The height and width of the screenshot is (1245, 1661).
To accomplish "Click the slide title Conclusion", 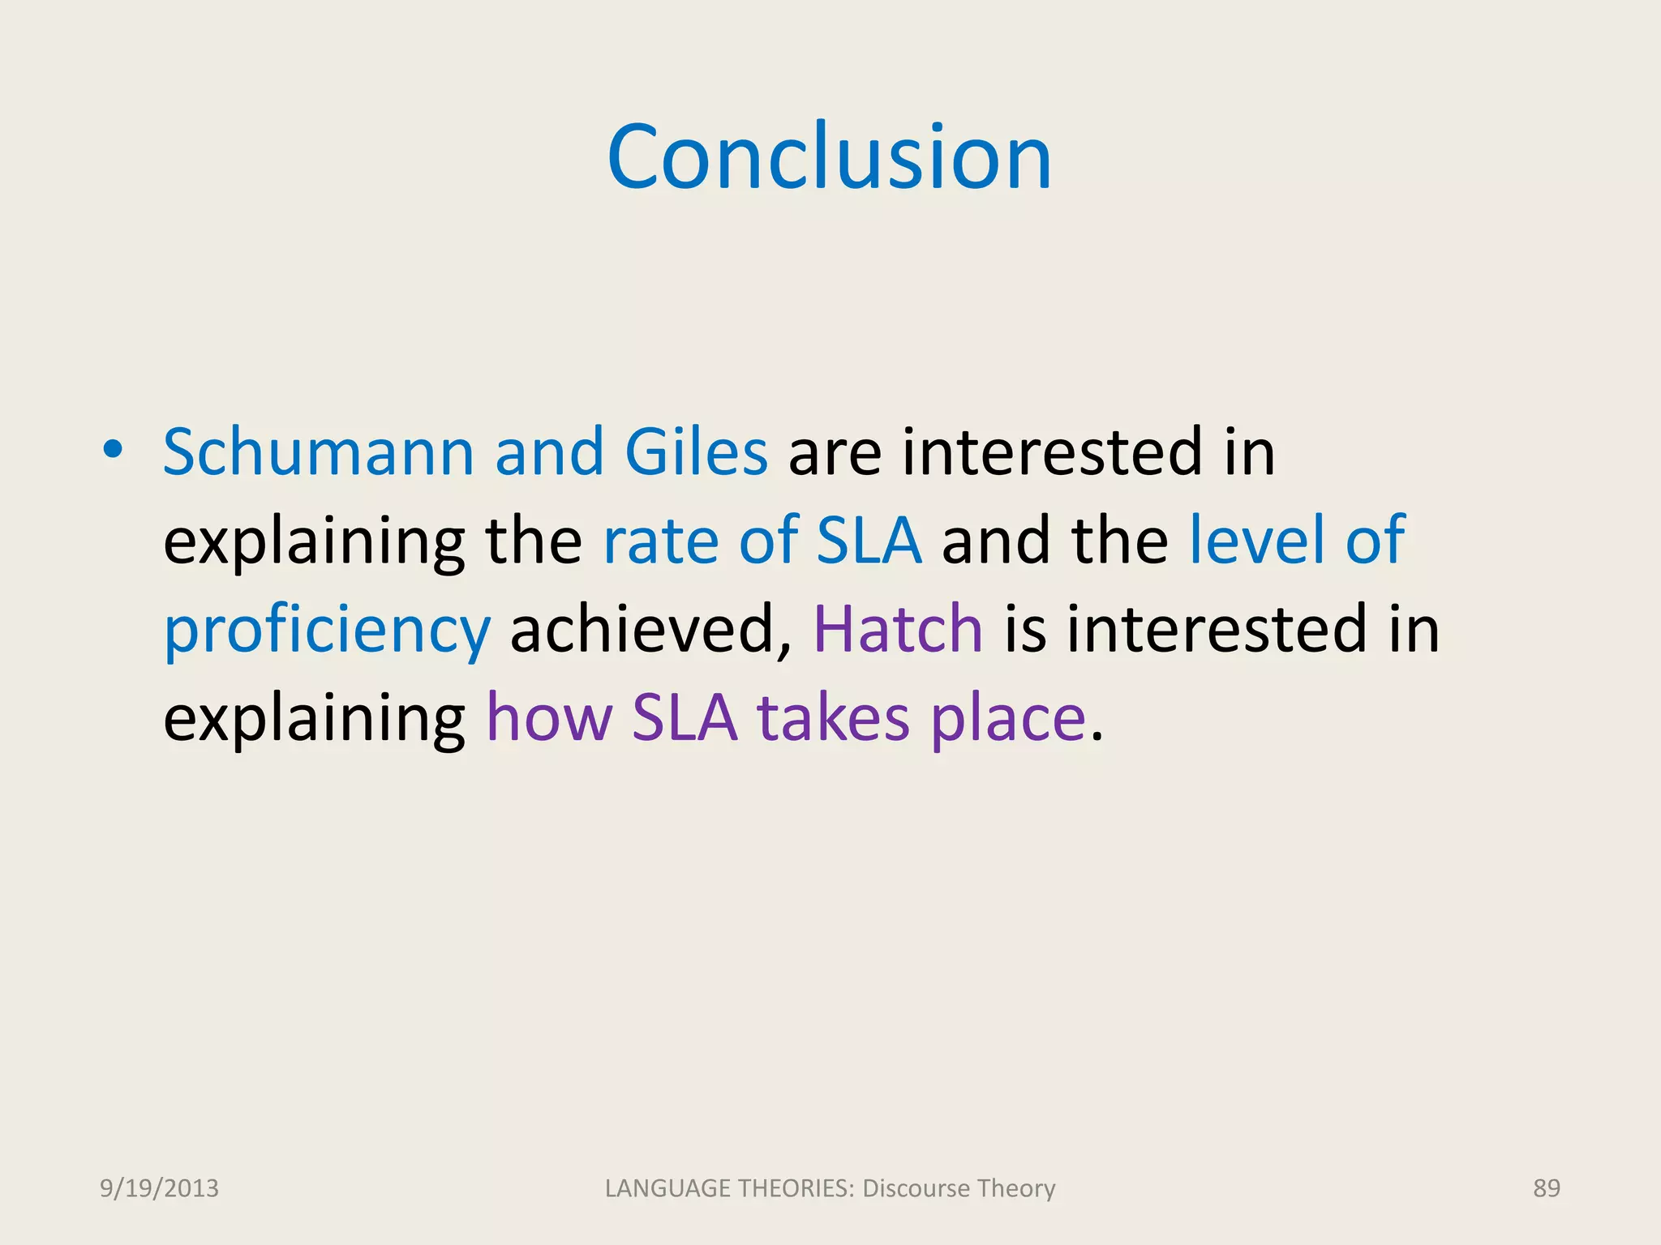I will [x=829, y=157].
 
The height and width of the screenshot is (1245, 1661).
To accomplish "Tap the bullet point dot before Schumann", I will [x=113, y=451].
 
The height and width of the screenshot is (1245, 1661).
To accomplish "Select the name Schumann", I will [x=318, y=452].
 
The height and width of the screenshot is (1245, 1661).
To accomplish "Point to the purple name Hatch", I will [x=898, y=629].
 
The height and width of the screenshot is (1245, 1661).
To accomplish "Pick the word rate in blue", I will [x=659, y=541].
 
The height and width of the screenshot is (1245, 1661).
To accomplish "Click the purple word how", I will [x=549, y=718].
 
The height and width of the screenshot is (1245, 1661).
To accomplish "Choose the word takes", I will [x=833, y=718].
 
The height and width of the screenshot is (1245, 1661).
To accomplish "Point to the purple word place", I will [x=1007, y=720].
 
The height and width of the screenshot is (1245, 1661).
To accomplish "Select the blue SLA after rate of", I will [x=869, y=541].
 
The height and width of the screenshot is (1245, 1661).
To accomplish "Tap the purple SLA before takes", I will [x=685, y=718].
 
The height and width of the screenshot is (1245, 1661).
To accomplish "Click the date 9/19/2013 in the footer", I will [x=159, y=1188].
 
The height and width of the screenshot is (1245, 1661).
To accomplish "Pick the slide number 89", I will [x=1546, y=1188].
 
